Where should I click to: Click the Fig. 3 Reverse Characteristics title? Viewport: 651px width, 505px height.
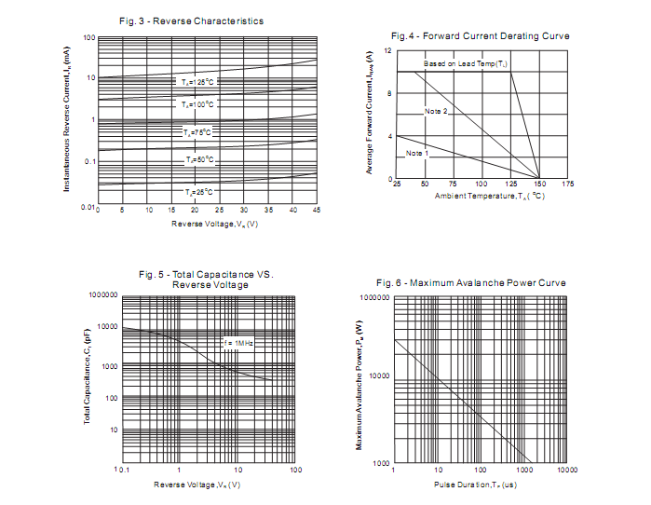click(192, 20)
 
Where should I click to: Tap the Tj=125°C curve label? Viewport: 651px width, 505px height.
click(198, 82)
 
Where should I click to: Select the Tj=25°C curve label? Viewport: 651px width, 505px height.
click(198, 192)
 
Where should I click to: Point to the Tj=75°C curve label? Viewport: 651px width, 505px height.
click(198, 133)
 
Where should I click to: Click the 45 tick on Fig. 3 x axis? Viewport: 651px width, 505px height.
click(317, 212)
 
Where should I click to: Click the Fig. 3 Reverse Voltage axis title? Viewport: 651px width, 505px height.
click(214, 225)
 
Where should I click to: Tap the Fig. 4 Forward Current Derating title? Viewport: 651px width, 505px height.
click(480, 35)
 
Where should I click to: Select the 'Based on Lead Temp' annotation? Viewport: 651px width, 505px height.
click(466, 63)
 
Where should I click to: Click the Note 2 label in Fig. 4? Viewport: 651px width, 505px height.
click(436, 112)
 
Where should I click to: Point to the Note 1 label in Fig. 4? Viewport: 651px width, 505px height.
click(416, 153)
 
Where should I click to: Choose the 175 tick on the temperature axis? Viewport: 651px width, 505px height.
click(567, 184)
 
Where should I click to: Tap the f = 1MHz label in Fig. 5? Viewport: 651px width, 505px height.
click(238, 344)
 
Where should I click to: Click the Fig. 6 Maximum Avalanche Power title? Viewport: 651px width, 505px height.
click(470, 282)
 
